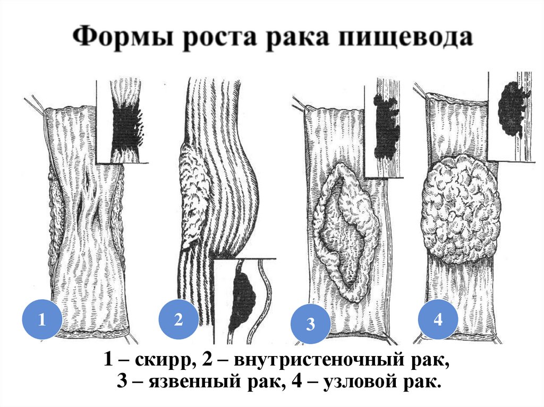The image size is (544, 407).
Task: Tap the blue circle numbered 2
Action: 178,319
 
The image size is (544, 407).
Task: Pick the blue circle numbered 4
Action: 438,319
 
